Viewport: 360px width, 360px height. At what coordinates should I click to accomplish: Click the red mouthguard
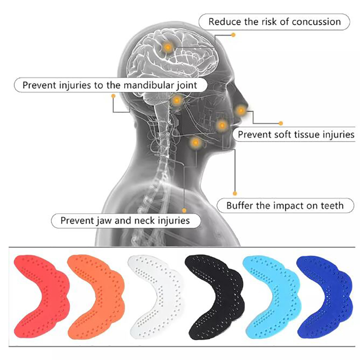(x=41, y=296)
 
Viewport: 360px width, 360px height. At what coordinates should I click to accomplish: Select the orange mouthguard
(x=96, y=296)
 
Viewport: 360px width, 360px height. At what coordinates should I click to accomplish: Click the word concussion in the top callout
(x=316, y=22)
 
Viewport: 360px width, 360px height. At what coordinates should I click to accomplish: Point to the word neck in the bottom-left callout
(x=144, y=220)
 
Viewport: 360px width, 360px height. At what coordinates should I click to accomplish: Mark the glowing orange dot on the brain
(x=168, y=48)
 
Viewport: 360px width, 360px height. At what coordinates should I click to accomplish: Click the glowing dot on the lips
(x=241, y=110)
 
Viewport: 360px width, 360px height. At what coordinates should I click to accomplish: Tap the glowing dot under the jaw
(x=196, y=143)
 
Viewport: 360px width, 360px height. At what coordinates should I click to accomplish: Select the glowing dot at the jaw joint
(x=177, y=100)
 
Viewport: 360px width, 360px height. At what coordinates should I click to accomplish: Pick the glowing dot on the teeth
(x=222, y=126)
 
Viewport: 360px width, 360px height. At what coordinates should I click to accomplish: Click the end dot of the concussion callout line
(x=233, y=35)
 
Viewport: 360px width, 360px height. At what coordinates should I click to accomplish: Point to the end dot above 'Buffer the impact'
(x=234, y=193)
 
